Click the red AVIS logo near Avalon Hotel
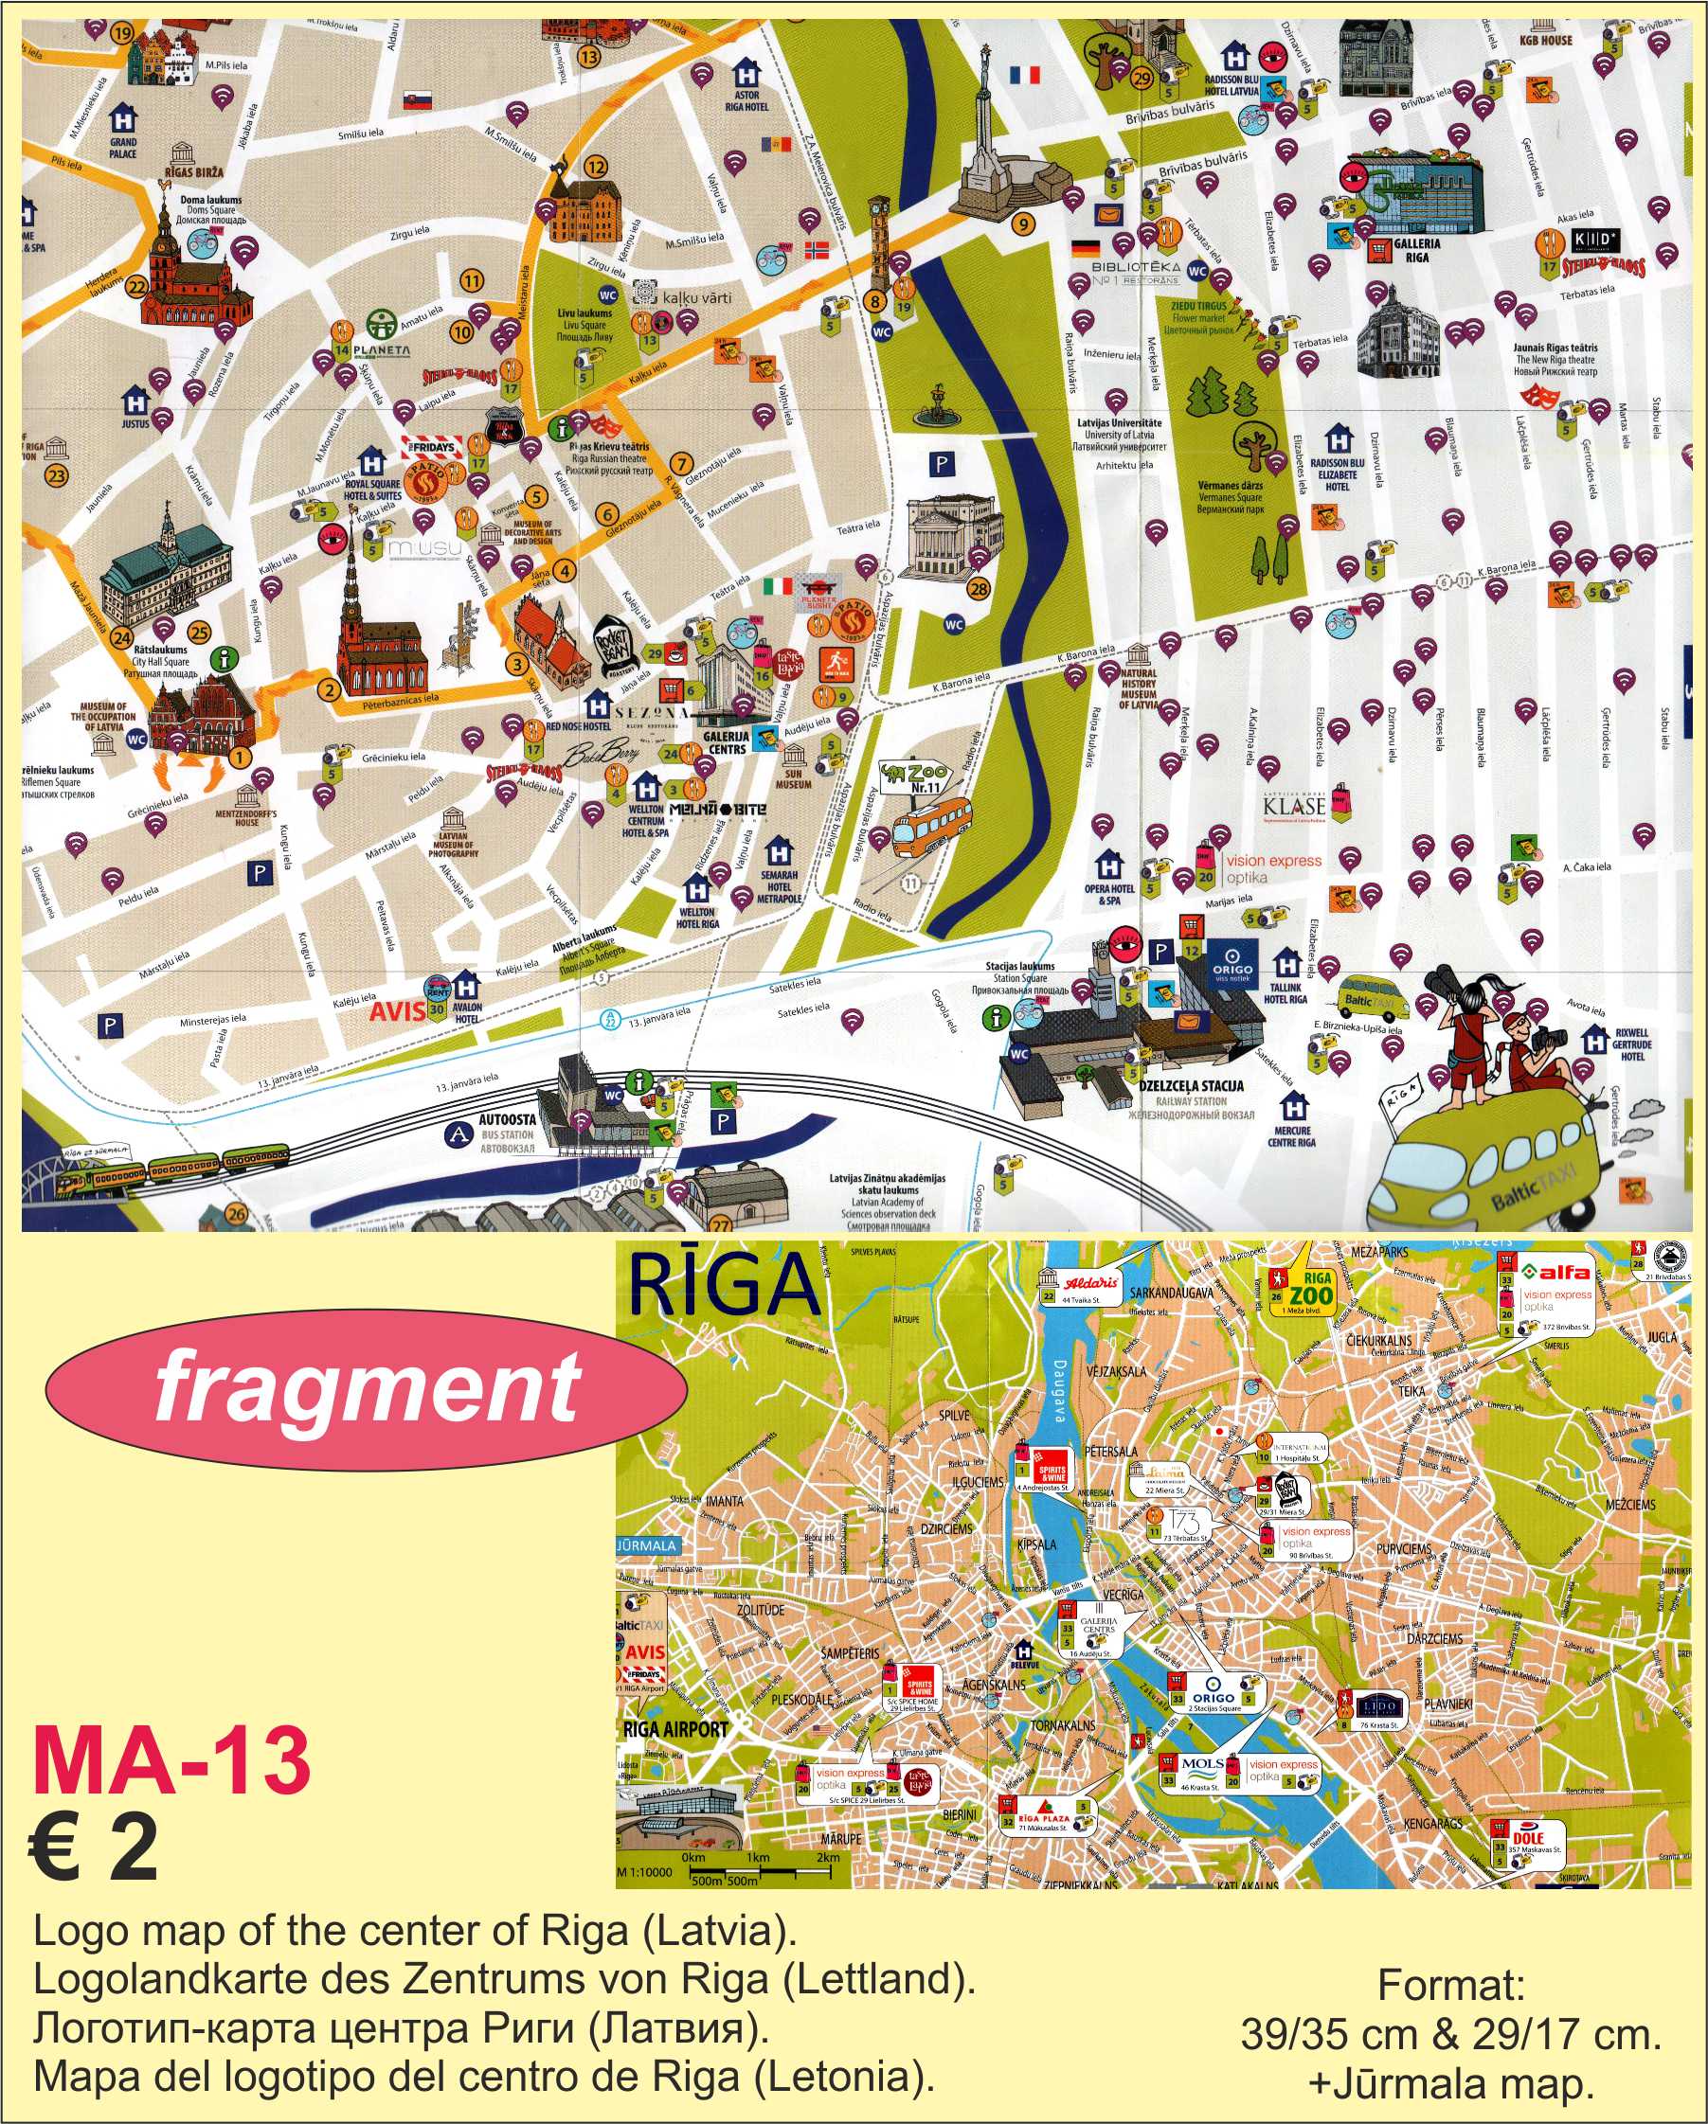(397, 1010)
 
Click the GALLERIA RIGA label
(1416, 250)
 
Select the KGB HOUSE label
(1545, 41)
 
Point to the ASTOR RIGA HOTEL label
(746, 100)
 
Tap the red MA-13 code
(171, 1760)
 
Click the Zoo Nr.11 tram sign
(917, 777)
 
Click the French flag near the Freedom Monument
(1025, 75)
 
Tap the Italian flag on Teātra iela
(777, 586)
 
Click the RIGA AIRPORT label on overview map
(675, 1729)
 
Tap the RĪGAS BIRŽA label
(194, 171)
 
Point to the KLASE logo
(1294, 807)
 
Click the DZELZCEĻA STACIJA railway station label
(1191, 1085)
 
